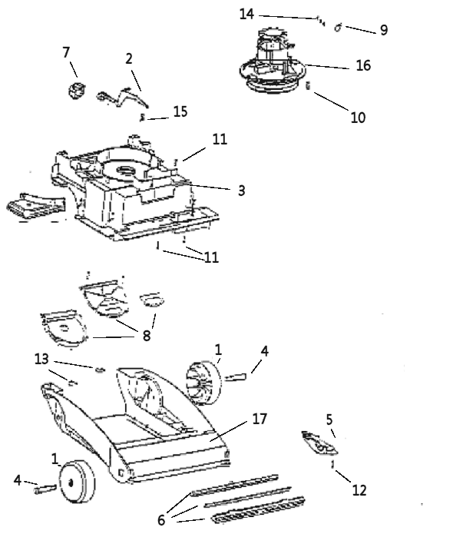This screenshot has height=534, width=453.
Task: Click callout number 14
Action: (x=246, y=14)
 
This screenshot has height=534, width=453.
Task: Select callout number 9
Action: (x=384, y=30)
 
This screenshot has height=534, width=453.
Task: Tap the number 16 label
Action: (x=363, y=65)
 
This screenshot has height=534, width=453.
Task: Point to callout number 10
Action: (x=358, y=118)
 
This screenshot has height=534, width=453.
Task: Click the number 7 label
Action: (x=66, y=52)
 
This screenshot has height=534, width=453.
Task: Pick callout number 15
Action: (x=180, y=111)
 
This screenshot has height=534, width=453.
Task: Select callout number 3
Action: (x=241, y=191)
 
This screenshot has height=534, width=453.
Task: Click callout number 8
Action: (x=147, y=336)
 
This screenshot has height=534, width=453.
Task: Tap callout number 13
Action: (x=41, y=359)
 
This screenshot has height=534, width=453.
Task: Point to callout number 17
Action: (x=260, y=419)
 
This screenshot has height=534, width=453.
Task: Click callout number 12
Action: (x=359, y=490)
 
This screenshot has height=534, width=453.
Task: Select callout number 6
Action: (x=161, y=520)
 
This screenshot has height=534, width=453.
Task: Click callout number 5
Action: (x=329, y=420)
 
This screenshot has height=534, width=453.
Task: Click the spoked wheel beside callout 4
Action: (x=204, y=383)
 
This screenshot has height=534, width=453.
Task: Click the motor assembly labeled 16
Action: (x=273, y=62)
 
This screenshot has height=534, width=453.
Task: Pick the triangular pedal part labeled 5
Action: (x=319, y=443)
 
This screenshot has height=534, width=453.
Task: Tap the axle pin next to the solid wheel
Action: (x=45, y=489)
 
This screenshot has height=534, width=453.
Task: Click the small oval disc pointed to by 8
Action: (x=152, y=300)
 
